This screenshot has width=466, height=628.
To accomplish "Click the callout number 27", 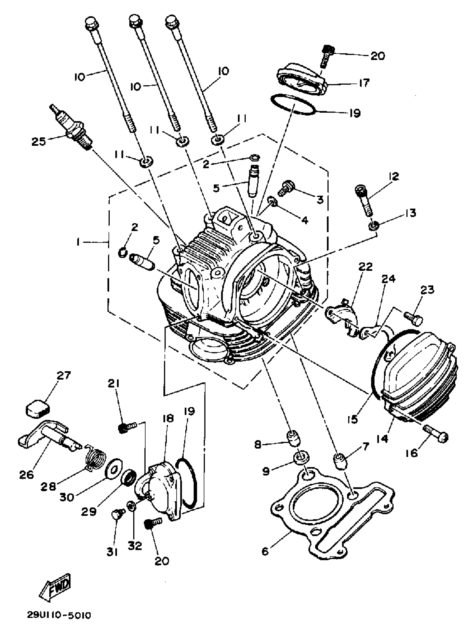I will (x=64, y=375).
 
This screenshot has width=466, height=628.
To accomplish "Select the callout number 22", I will (x=366, y=266).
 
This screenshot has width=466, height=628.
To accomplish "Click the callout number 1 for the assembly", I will (x=78, y=242).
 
